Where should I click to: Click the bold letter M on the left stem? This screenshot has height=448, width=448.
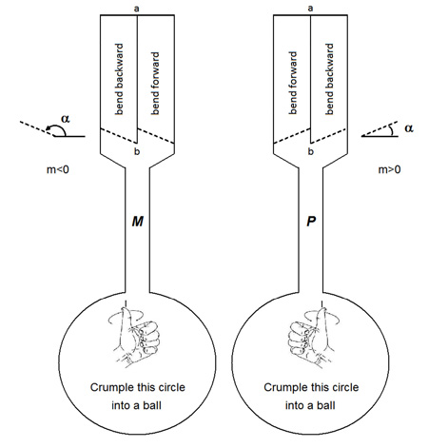[x=138, y=222]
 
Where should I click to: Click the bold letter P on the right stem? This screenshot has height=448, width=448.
[x=311, y=222]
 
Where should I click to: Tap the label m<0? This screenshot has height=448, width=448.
[x=58, y=170]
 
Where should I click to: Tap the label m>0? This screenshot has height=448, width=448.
[x=389, y=169]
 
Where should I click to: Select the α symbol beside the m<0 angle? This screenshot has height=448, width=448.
[x=66, y=119]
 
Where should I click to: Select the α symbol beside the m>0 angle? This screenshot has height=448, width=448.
[x=409, y=128]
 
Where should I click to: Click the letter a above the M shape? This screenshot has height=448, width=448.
[x=137, y=9]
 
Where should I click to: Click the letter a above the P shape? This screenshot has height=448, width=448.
[x=310, y=9]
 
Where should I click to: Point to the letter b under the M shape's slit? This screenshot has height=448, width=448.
[x=137, y=151]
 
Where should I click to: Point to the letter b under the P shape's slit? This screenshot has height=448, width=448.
[x=310, y=151]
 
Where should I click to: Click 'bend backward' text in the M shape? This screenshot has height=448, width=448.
[x=118, y=79]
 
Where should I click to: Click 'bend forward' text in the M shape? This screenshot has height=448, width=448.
[x=155, y=84]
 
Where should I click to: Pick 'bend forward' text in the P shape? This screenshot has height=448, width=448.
[x=293, y=83]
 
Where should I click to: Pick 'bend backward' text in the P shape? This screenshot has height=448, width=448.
[x=329, y=79]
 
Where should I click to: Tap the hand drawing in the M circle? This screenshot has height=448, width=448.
[x=135, y=337]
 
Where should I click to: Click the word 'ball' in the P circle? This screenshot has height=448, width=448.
[x=326, y=405]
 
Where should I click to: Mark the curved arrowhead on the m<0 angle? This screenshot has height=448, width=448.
[x=49, y=128]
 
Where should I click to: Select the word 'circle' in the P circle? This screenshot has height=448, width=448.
[x=344, y=387]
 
